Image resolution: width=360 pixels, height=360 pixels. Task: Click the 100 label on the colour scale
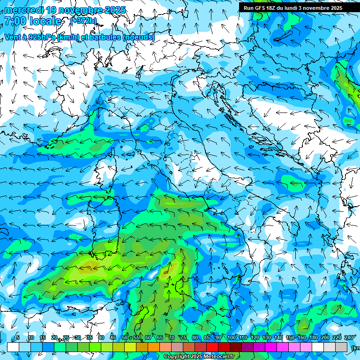pyautogui.click(x=232, y=338)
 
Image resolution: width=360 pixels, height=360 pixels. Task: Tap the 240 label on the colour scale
pyautogui.click(x=349, y=338)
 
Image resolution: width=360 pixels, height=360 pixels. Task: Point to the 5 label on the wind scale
pyautogui.click(x=18, y=338)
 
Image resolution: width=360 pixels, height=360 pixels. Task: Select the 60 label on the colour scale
pyautogui.click(x=148, y=338)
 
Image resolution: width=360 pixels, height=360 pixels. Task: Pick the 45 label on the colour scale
pyautogui.click(x=113, y=338)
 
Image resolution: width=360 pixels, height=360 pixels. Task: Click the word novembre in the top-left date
pyautogui.click(x=79, y=10)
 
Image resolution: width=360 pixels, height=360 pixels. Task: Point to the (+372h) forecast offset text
pyautogui.click(x=83, y=21)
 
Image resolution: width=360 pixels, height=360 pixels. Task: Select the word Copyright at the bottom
pyautogui.click(x=176, y=357)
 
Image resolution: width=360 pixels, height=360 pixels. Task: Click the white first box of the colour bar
pyautogui.click(x=13, y=347)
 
